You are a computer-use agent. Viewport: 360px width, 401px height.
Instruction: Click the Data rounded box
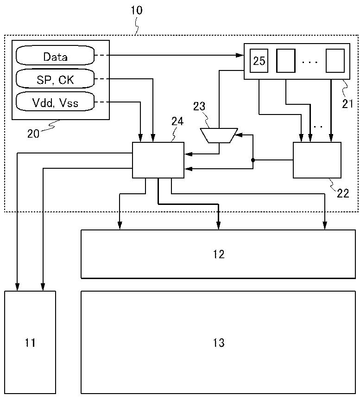55,57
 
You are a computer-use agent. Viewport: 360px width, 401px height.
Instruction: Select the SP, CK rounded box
55,79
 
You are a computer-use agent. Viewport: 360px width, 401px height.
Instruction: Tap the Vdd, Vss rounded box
55,102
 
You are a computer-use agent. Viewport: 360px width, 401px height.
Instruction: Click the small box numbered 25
259,61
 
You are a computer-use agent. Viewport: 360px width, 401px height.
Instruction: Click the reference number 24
177,122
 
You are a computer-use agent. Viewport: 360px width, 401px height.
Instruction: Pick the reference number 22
343,192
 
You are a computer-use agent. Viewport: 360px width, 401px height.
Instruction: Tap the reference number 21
348,104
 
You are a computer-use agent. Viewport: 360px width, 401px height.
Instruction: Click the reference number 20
33,134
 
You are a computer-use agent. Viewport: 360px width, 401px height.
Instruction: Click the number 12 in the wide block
219,254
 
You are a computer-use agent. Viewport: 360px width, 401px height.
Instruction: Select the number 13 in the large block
219,343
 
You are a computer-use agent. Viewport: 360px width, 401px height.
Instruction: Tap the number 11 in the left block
30,343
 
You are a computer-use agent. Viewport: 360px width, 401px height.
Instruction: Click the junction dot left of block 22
253,160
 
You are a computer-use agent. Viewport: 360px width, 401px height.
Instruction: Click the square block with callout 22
317,160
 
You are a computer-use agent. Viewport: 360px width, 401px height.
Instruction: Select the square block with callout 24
158,160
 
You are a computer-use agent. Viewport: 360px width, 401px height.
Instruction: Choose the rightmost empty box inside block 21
335,61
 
